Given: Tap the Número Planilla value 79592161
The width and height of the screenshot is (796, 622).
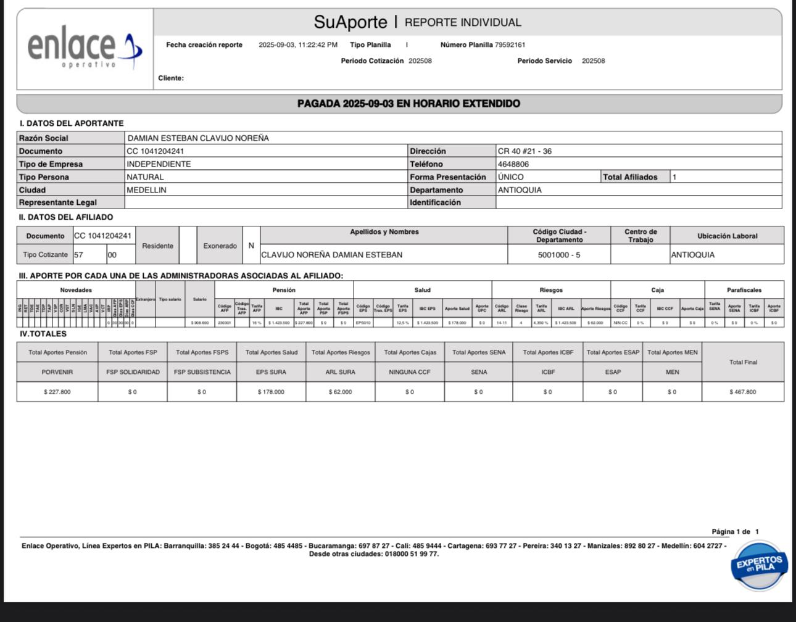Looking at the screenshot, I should (x=510, y=45).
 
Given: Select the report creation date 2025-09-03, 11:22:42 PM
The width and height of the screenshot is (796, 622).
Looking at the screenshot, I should (x=298, y=45).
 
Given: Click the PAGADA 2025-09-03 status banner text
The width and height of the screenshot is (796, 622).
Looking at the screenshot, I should (x=408, y=104).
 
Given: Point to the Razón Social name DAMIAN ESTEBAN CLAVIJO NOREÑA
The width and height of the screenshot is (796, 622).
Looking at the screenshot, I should (x=197, y=138).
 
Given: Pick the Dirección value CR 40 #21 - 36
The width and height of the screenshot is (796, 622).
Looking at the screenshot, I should (x=524, y=151).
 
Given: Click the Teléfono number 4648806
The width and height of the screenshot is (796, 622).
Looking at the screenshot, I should (x=513, y=164).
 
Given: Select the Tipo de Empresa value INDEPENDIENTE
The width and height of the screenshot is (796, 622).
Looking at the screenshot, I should (x=159, y=164).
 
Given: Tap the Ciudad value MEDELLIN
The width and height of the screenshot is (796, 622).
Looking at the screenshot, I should (x=146, y=190).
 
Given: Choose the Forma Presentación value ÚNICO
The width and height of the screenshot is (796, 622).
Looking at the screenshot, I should (x=511, y=177).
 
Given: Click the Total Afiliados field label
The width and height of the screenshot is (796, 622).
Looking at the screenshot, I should (x=630, y=177).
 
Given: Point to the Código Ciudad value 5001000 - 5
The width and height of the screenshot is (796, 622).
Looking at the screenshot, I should (x=558, y=255).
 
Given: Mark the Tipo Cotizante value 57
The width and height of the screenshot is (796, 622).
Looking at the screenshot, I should (x=78, y=255).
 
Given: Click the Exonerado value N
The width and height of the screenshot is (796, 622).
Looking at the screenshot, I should (x=251, y=246).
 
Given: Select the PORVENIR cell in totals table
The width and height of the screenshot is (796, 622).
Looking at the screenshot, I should (x=57, y=372).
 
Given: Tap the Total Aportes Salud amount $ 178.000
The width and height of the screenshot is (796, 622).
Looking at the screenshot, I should (x=271, y=392).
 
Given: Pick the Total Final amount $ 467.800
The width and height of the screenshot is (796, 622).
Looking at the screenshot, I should (x=742, y=392).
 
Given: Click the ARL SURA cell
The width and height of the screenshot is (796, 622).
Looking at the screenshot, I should (x=341, y=372).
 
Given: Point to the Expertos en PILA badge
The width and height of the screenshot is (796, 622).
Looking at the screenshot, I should (x=759, y=564).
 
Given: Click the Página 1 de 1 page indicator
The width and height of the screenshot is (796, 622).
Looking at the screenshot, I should (x=735, y=531).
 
